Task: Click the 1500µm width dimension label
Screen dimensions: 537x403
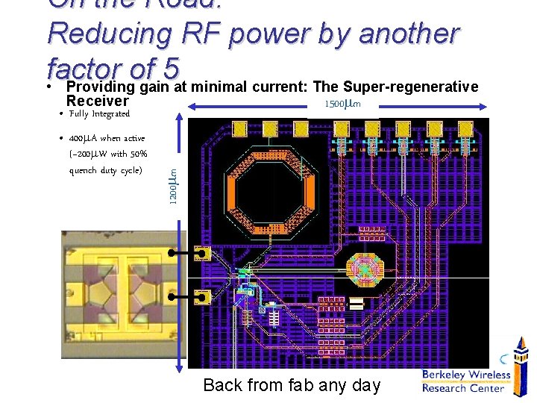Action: (x=342, y=104)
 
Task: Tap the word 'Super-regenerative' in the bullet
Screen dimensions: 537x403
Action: (x=409, y=87)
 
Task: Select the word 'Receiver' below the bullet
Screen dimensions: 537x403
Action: (x=97, y=101)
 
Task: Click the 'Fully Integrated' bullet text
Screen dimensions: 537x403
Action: (x=99, y=114)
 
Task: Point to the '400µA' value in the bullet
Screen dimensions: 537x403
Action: (x=82, y=138)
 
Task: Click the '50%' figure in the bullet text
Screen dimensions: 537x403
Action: (x=138, y=154)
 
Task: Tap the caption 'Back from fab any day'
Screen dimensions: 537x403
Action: (x=292, y=385)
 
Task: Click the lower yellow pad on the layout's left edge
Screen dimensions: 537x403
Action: (x=201, y=298)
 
